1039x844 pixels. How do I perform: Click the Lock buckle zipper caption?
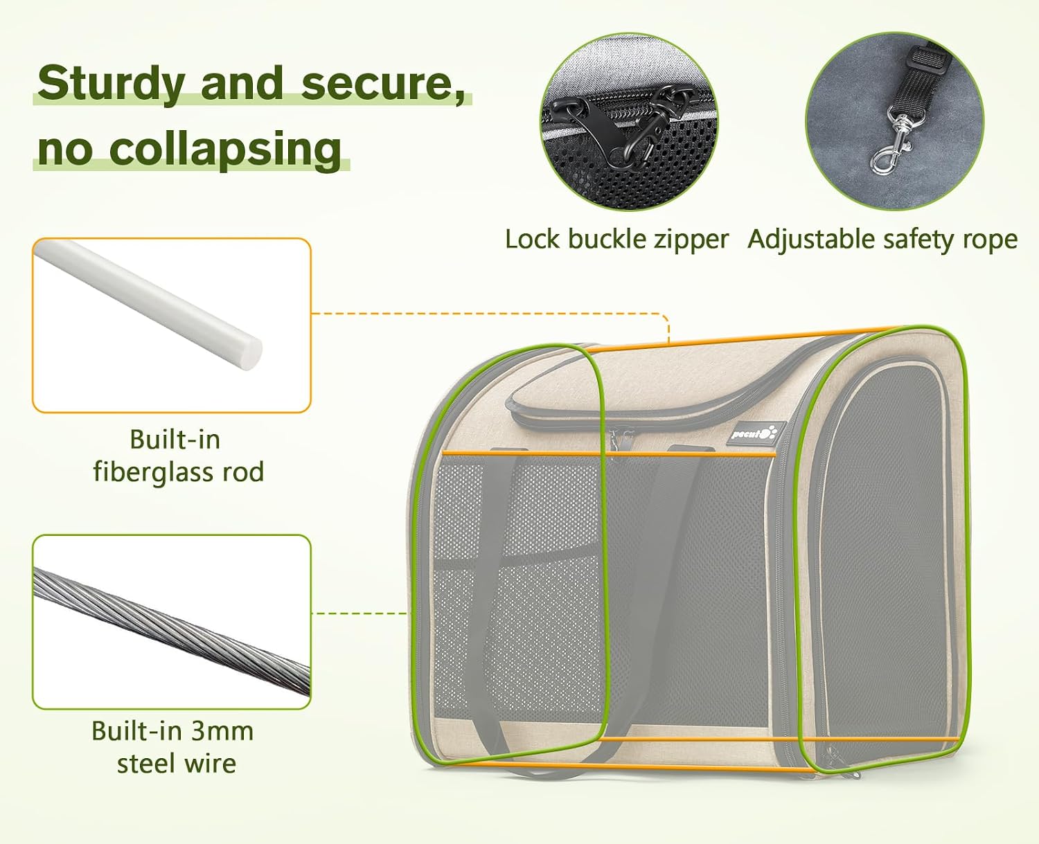(616, 240)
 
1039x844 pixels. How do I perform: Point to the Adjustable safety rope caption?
(882, 240)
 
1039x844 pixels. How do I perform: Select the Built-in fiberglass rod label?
(177, 456)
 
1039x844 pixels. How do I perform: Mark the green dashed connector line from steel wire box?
(359, 613)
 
